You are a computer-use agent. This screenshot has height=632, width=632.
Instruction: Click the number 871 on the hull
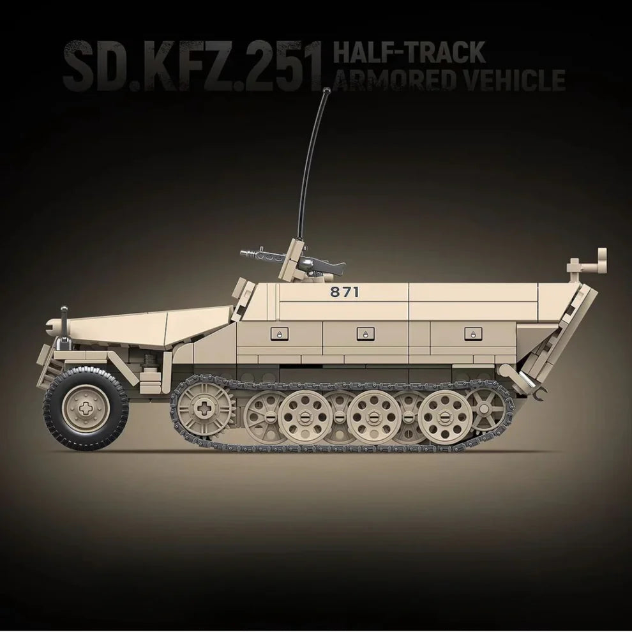tap(345, 292)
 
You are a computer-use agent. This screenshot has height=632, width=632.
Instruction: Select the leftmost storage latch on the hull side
tap(279, 333)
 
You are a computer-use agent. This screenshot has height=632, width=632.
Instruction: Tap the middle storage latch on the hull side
tap(363, 333)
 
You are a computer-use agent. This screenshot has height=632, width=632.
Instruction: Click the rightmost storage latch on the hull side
tap(471, 333)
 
